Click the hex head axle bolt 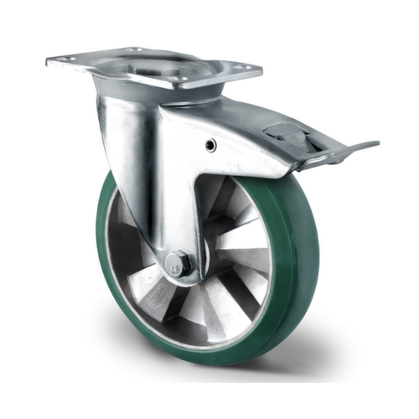pos(178,263)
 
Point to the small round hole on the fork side pos(210,146)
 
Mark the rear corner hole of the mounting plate pos(134,49)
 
